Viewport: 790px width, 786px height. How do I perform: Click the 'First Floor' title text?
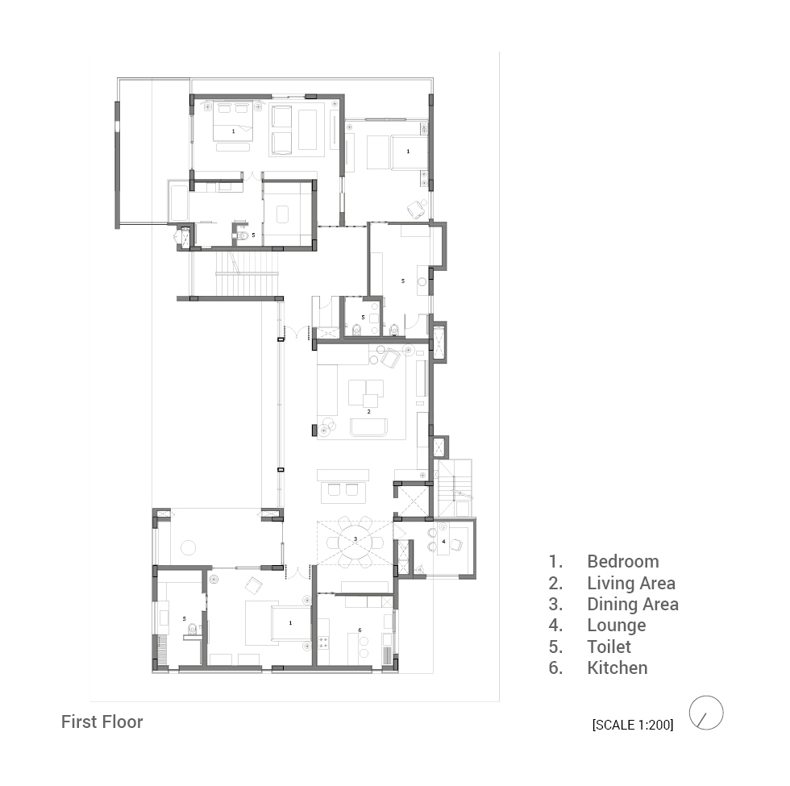102,722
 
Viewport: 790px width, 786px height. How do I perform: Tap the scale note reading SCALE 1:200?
633,725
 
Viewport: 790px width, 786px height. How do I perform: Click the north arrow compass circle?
706,713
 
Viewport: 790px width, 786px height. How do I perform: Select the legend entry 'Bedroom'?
622,561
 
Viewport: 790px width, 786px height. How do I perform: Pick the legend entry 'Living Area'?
631,583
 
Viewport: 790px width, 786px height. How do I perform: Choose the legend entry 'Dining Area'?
633,604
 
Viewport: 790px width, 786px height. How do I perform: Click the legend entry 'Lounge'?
617,626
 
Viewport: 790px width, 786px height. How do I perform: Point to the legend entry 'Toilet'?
609,647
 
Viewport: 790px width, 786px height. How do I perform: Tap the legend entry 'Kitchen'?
617,667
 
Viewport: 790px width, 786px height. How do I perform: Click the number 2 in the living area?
369,412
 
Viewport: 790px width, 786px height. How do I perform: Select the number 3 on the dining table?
355,539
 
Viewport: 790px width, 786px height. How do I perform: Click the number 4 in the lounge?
444,542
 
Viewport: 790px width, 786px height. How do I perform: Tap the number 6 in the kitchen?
360,630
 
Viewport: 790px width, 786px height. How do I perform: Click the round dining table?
355,542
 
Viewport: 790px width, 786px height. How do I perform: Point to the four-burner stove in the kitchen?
323,643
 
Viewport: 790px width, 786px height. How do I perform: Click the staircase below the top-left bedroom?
247,275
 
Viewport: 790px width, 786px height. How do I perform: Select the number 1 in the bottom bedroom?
290,623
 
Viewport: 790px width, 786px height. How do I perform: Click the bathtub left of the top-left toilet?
179,203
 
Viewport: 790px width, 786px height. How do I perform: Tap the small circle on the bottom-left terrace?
188,547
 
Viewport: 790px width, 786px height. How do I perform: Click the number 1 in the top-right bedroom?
408,152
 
